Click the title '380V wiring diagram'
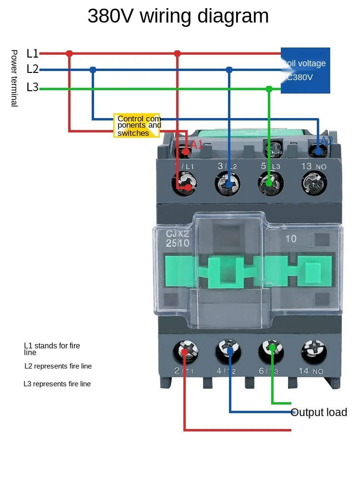point(178,16)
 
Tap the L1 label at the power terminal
point(32,53)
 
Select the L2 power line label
point(32,69)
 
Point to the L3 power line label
point(32,87)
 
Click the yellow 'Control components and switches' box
point(138,126)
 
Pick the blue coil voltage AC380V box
point(305,70)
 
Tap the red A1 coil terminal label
point(197,144)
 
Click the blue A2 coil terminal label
point(327,141)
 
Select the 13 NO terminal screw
point(315,183)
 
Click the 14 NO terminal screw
point(314,352)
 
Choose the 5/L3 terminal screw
point(271,183)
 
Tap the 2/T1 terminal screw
point(185,352)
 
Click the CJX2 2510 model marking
point(178,238)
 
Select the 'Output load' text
point(319,412)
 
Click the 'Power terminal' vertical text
point(14,78)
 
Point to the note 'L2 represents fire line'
point(58,366)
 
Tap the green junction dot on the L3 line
point(269,89)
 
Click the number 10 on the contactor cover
point(291,238)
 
